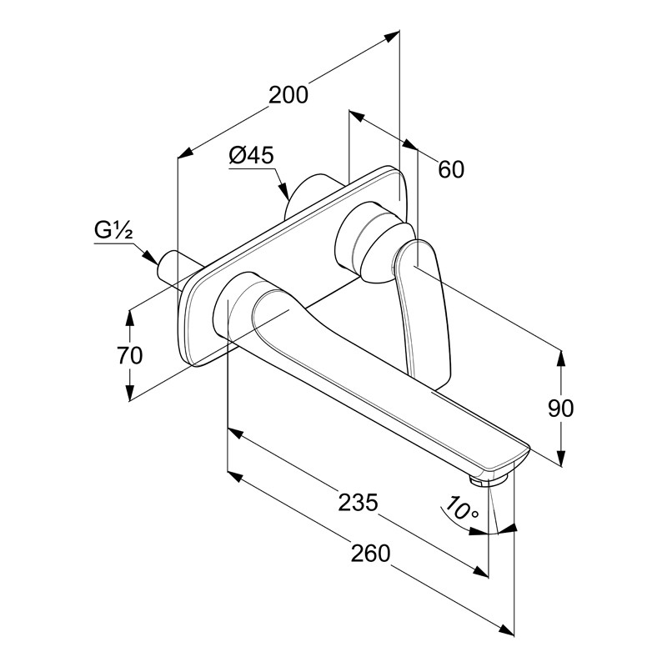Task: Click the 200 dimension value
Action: click(288, 94)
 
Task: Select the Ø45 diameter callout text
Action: click(251, 155)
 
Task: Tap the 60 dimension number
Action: click(450, 168)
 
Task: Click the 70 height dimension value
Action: click(129, 355)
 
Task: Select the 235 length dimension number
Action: click(359, 502)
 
